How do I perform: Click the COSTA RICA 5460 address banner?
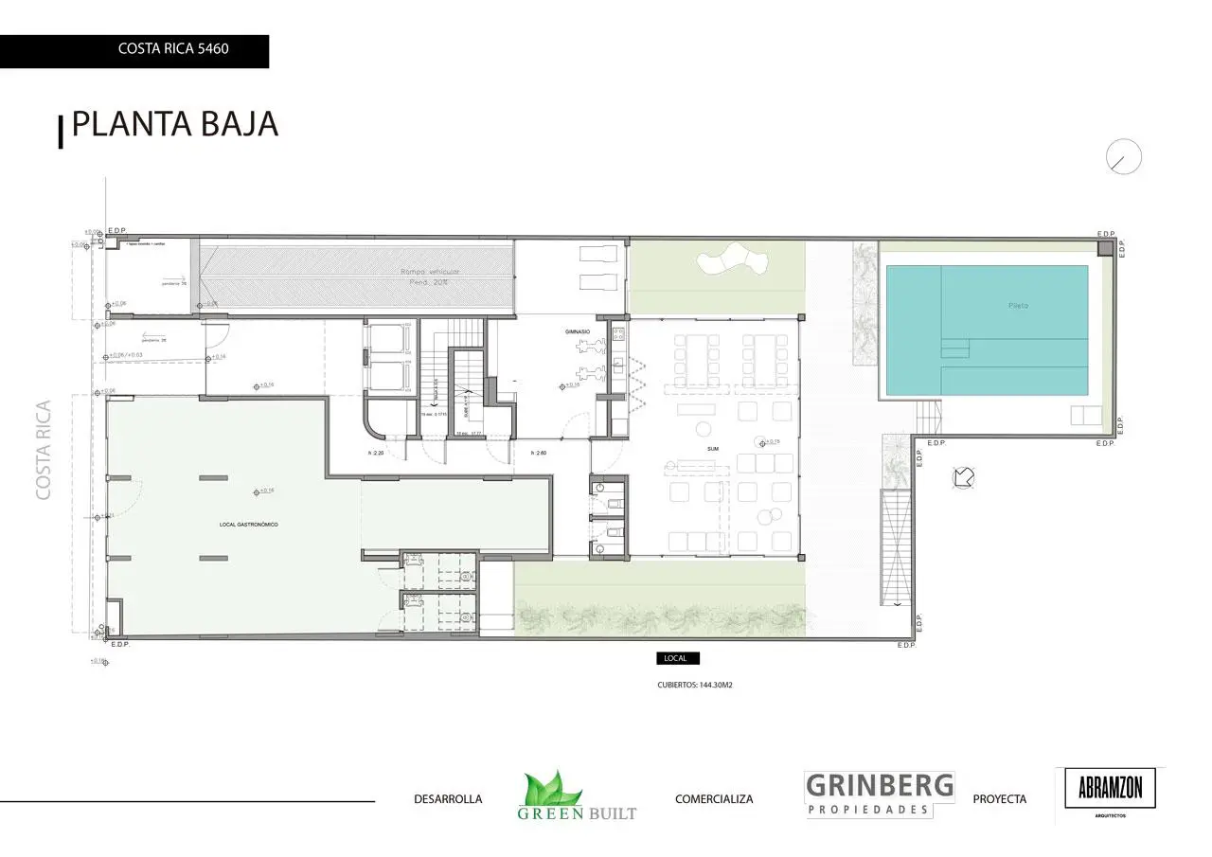[x=173, y=48]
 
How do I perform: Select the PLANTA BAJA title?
[x=175, y=124]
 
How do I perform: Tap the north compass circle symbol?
[x=1124, y=157]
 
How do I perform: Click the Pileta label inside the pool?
[x=1018, y=306]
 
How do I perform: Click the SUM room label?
[x=713, y=449]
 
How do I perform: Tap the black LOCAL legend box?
[x=678, y=658]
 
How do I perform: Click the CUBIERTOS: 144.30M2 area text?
[x=695, y=685]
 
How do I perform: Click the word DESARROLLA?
[x=448, y=799]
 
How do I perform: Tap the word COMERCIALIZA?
[x=714, y=799]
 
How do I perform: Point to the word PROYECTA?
[x=999, y=799]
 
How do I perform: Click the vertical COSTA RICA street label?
[x=44, y=450]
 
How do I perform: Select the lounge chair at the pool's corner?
[x=1085, y=415]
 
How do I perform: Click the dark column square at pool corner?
[x=1105, y=248]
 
